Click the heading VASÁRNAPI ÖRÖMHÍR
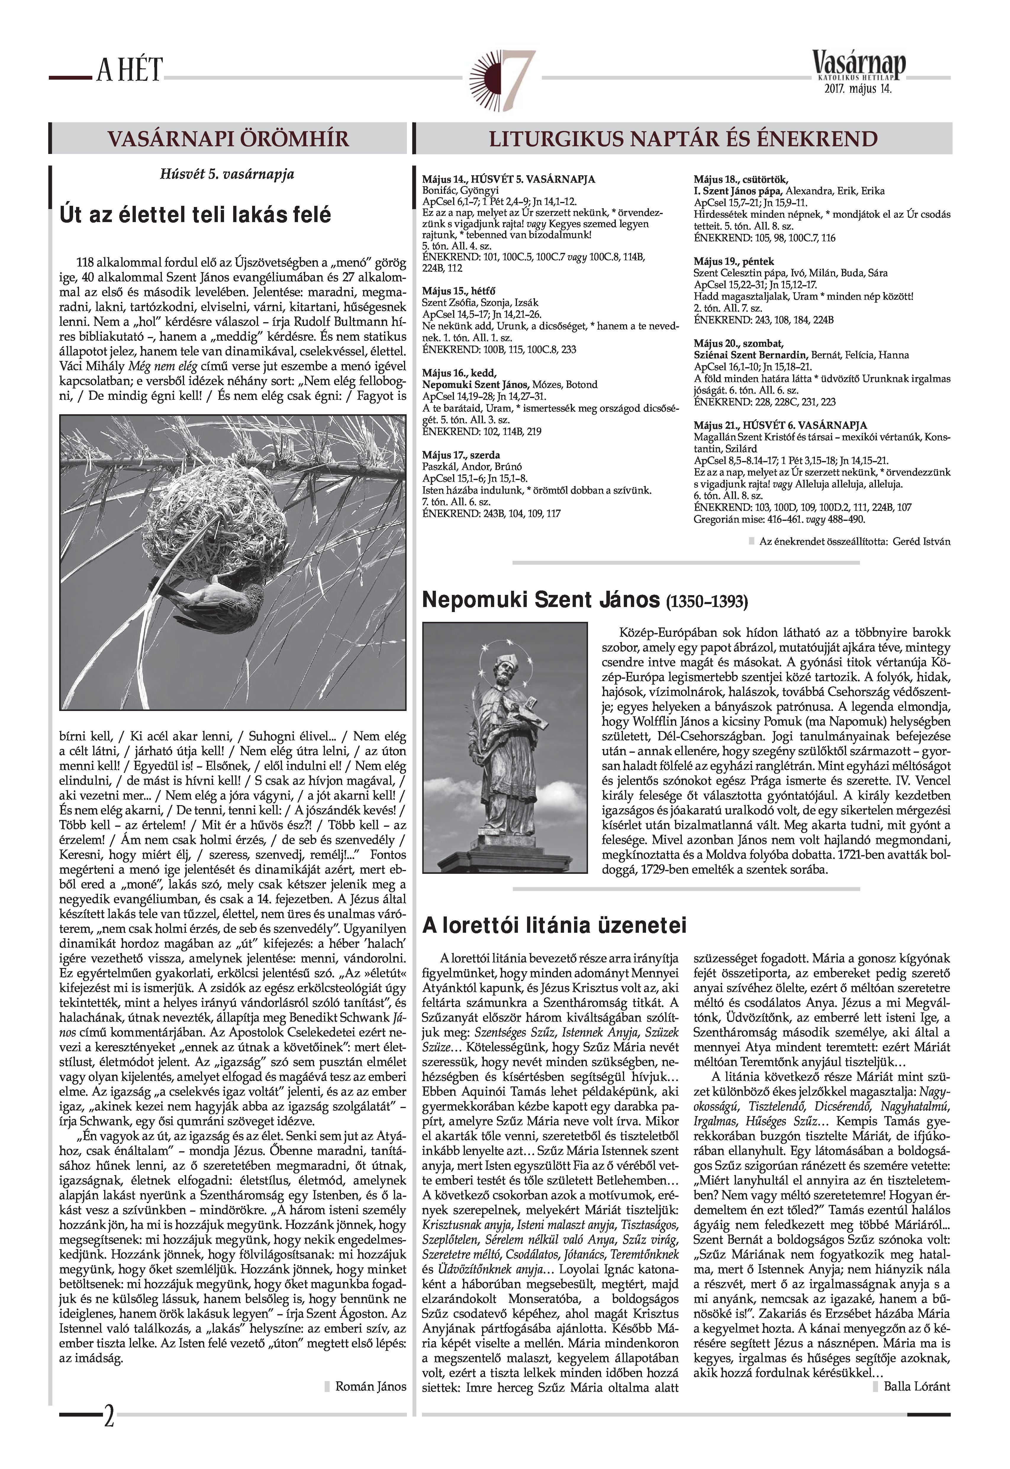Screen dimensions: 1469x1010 coord(228,139)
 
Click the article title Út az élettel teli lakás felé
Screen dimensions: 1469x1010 coord(195,215)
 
